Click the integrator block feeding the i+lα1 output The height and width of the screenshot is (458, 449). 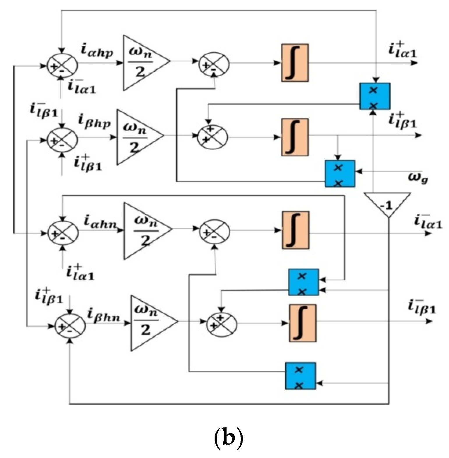click(x=295, y=63)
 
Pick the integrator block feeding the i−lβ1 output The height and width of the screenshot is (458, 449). click(x=303, y=323)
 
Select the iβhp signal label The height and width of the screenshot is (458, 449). click(x=94, y=122)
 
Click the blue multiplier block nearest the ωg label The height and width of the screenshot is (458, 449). click(x=340, y=174)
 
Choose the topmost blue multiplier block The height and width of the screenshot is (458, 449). click(x=374, y=96)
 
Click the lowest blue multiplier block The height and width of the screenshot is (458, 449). click(x=300, y=376)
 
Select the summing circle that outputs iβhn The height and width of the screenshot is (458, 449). click(x=70, y=326)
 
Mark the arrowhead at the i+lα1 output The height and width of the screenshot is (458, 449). click(x=414, y=63)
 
